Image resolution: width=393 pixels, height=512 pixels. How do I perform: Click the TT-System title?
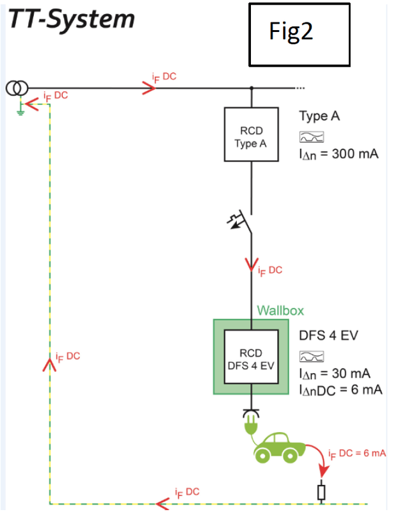(71, 19)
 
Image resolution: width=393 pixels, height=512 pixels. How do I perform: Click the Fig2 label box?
(300, 35)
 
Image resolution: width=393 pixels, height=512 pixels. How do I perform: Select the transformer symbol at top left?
(18, 88)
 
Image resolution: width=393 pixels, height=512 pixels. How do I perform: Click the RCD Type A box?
(250, 134)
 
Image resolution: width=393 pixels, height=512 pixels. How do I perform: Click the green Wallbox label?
(280, 311)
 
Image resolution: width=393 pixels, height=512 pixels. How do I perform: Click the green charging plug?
(250, 423)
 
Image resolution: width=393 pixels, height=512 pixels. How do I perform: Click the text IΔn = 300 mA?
(339, 154)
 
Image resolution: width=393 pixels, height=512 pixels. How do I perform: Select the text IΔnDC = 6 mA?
(341, 390)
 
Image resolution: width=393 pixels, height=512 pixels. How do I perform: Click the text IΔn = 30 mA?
(335, 373)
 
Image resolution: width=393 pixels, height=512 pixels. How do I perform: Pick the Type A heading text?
(319, 116)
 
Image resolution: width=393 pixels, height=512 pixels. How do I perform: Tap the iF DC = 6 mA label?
(357, 454)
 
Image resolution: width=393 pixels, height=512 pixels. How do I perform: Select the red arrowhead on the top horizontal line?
(148, 88)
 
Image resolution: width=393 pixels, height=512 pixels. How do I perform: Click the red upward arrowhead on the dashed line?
(49, 365)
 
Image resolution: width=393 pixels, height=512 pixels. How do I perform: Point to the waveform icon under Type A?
(312, 136)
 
